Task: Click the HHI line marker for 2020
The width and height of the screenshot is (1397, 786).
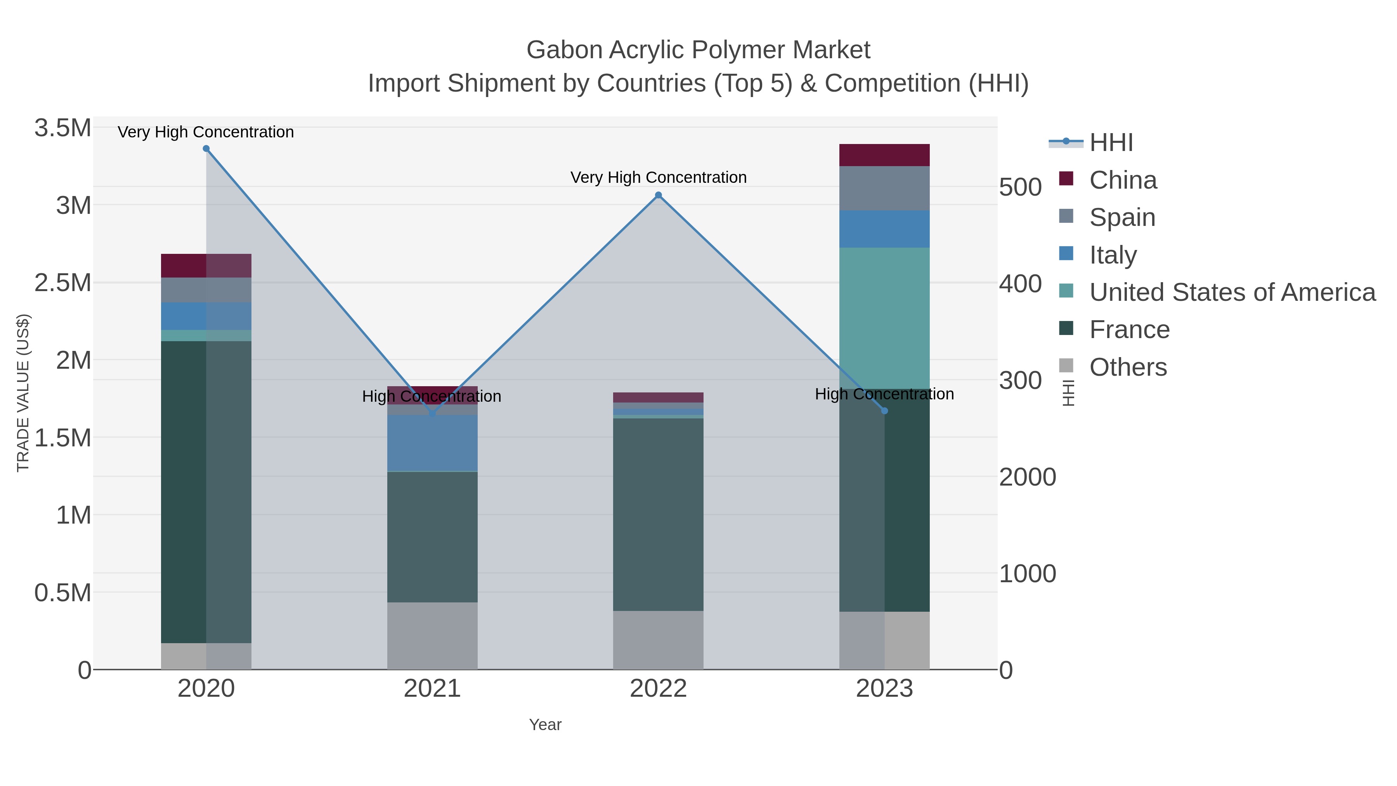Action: (206, 149)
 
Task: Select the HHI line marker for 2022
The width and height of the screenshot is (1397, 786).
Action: (659, 195)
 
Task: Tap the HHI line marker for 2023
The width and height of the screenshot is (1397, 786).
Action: (884, 411)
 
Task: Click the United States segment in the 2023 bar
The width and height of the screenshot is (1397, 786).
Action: (884, 318)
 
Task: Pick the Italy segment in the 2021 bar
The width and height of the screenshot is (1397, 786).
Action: (432, 443)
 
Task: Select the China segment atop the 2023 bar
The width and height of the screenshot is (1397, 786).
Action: (884, 155)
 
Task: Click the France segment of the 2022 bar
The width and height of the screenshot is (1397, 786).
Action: (659, 514)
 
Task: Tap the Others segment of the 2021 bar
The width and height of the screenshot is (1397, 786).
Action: (432, 636)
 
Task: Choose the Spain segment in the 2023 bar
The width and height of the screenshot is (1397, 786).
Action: (884, 188)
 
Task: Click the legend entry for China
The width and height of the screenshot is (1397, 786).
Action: (1123, 180)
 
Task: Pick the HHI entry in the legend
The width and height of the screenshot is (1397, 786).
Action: (1111, 143)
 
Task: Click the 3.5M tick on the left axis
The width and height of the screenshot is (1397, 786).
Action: (63, 128)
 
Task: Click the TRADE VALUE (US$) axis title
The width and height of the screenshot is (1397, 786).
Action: (23, 393)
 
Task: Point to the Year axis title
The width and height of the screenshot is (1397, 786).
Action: (545, 725)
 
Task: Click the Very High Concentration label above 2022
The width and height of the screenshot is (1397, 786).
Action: (659, 177)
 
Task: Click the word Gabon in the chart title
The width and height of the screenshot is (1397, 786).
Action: (564, 50)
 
